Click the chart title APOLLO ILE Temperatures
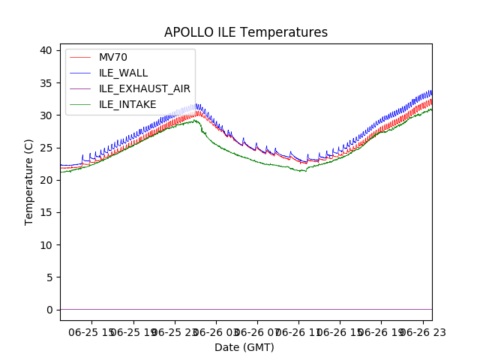click(x=246, y=32)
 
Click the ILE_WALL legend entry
click(x=123, y=73)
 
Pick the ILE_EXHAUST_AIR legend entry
click(x=145, y=88)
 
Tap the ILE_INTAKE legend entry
click(x=127, y=104)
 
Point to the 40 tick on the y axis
click(x=46, y=50)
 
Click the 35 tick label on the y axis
click(x=46, y=82)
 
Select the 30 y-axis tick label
click(x=46, y=115)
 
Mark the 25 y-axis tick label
click(x=46, y=148)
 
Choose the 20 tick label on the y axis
click(x=46, y=180)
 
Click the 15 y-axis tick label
click(x=46, y=212)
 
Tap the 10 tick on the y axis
click(x=46, y=245)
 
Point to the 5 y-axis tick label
click(x=49, y=277)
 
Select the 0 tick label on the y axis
click(x=49, y=310)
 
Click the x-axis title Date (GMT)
click(x=244, y=347)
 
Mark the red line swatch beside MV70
click(x=81, y=58)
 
